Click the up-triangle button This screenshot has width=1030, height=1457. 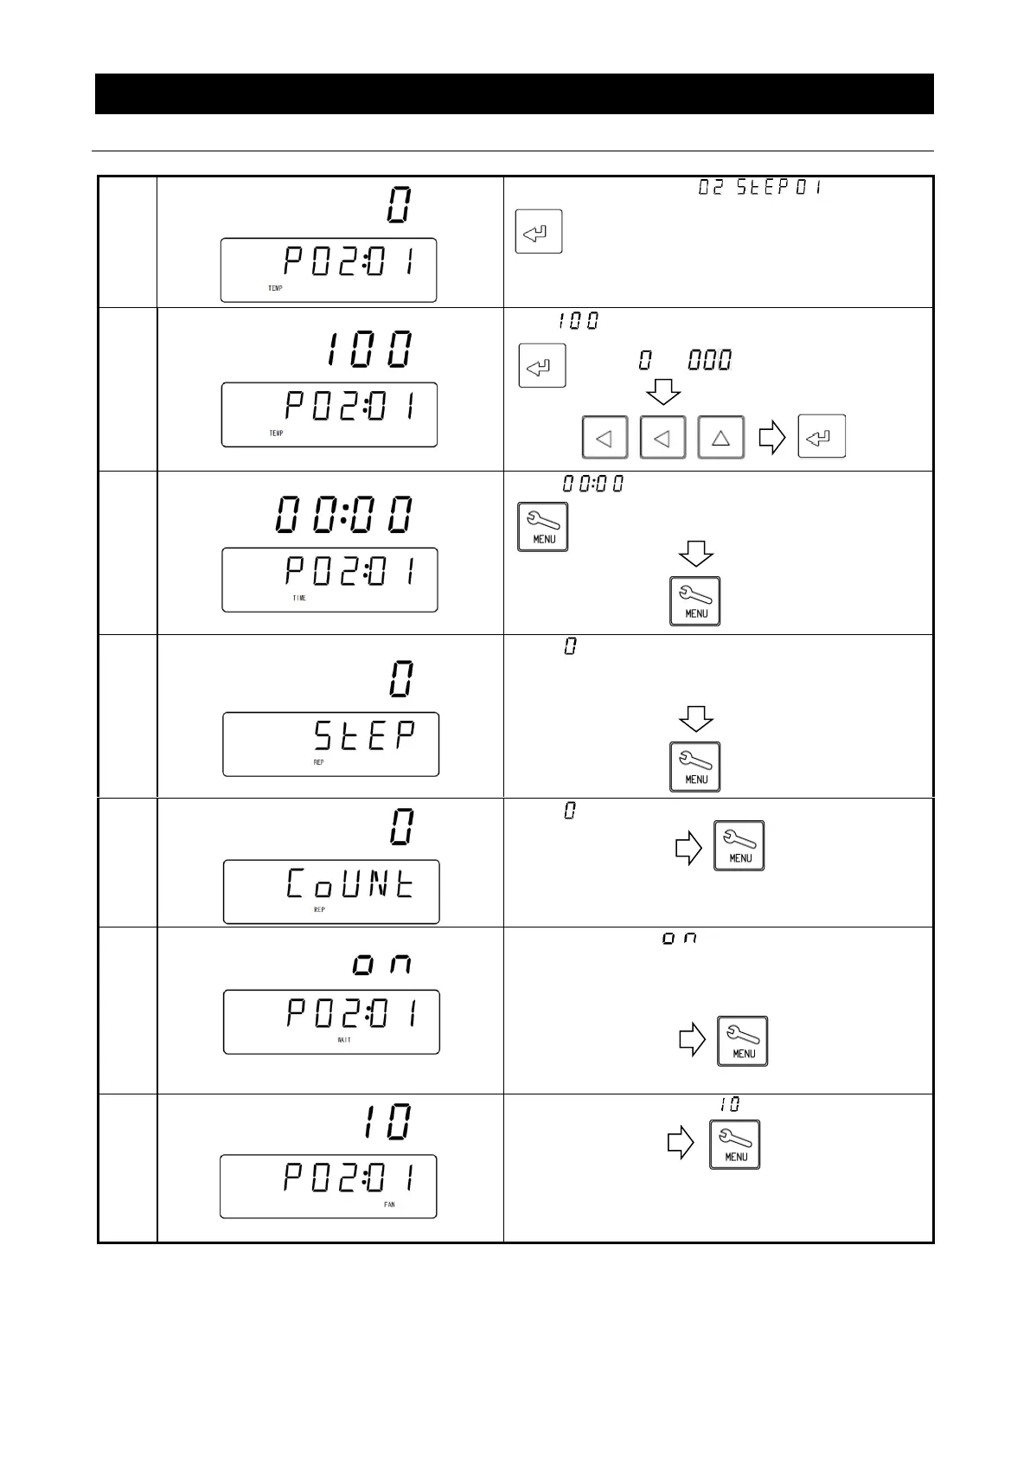[x=720, y=437]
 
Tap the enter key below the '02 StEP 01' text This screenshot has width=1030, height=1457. [x=539, y=231]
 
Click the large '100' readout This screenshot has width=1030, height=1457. [x=370, y=350]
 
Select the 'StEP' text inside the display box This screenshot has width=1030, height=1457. [x=364, y=736]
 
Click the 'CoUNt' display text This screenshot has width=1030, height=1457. [x=350, y=884]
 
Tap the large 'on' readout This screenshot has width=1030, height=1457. [x=381, y=965]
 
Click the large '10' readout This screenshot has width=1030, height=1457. [x=387, y=1122]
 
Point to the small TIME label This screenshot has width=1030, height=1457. [x=299, y=598]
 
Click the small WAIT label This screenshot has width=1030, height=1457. [x=344, y=1040]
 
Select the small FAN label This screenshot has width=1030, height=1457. [x=389, y=1204]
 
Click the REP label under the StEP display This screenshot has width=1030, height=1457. [x=319, y=762]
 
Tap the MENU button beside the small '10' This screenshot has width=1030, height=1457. [x=735, y=1145]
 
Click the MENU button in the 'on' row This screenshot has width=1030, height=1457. [x=743, y=1041]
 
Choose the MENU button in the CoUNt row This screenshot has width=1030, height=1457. [x=739, y=845]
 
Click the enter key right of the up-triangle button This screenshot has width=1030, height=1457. [x=822, y=437]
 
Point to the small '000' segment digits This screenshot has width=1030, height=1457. [x=710, y=360]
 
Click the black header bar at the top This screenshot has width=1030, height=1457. [x=515, y=93]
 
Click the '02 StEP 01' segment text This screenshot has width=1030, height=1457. [x=760, y=187]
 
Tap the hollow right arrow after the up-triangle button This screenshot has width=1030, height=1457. [x=772, y=437]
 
